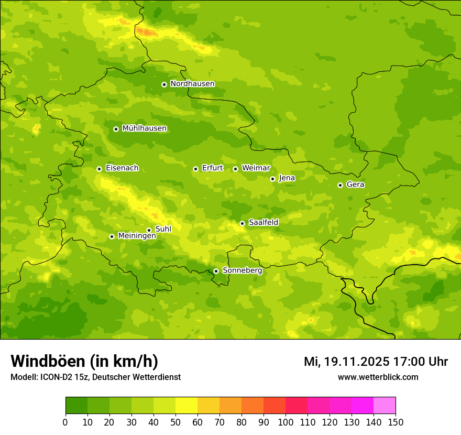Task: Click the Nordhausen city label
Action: tap(192, 84)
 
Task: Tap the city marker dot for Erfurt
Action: tap(195, 169)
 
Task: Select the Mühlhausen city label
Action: tap(144, 128)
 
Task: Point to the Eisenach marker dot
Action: tap(99, 169)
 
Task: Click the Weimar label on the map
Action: tap(256, 168)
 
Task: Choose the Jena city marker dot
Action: tap(272, 179)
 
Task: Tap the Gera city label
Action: tap(355, 184)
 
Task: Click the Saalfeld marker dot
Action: tap(242, 223)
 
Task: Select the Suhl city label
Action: tap(163, 229)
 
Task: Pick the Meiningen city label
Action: tap(137, 236)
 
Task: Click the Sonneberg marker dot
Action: tap(216, 271)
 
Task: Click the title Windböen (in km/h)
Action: tap(84, 361)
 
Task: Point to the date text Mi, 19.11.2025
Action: tap(346, 362)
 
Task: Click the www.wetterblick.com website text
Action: tap(378, 377)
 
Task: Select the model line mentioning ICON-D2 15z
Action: tap(95, 377)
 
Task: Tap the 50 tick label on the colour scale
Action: tap(175, 422)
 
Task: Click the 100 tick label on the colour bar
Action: tap(286, 422)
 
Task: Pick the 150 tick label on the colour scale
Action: tap(396, 422)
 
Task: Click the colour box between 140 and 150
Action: tap(385, 406)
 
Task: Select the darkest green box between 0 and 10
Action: tap(76, 406)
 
